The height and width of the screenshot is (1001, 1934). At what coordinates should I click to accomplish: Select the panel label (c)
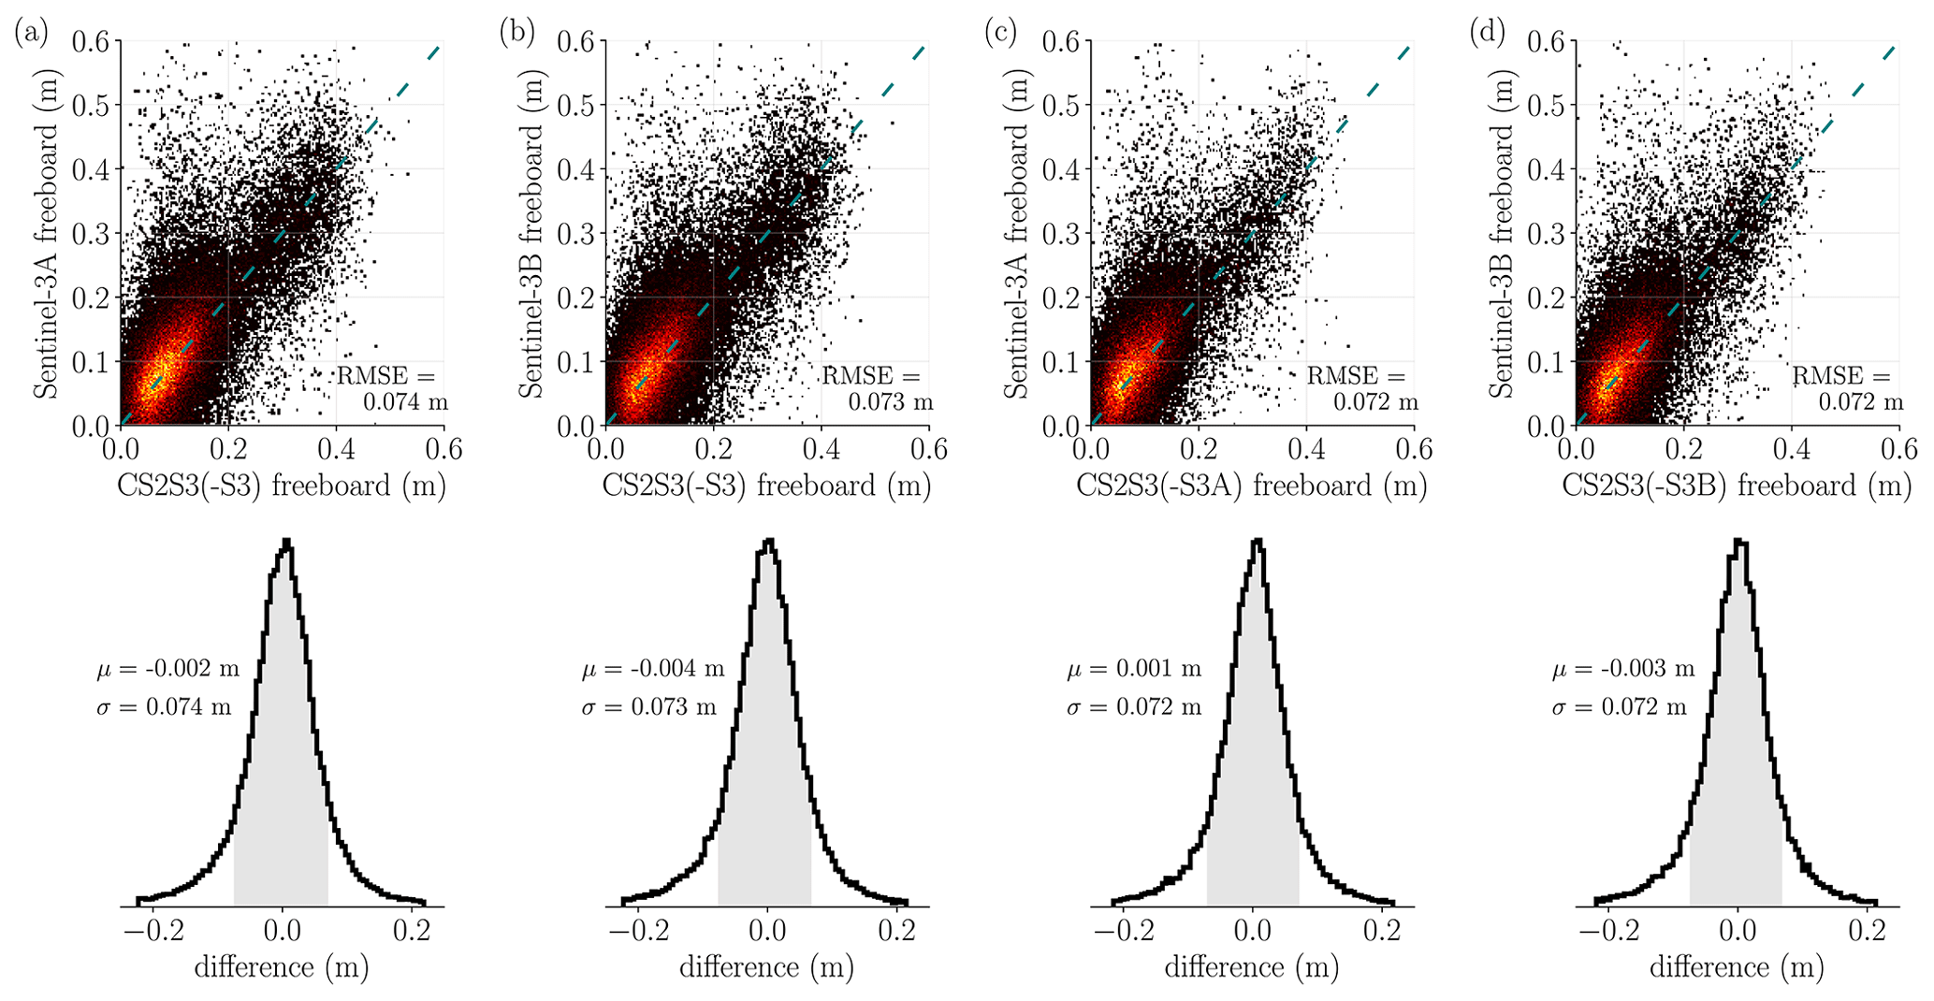click(x=1001, y=34)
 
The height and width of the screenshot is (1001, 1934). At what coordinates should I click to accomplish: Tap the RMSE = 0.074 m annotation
click(x=393, y=389)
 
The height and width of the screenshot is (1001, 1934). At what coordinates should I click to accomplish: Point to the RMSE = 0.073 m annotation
click(x=878, y=389)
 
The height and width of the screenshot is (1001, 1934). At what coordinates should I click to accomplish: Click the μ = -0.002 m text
click(x=167, y=670)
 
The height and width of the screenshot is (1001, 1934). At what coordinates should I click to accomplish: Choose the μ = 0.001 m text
click(x=1134, y=670)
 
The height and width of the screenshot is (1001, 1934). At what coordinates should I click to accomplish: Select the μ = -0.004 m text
click(x=653, y=670)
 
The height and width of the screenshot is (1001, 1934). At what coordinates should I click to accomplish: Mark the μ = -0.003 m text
click(x=1623, y=670)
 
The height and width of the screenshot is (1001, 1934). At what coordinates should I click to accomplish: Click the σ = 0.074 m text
click(x=164, y=707)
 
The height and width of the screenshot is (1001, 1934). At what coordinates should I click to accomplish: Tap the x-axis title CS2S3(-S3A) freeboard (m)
click(x=1252, y=486)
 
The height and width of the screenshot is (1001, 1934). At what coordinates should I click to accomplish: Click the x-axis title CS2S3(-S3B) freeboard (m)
click(x=1737, y=486)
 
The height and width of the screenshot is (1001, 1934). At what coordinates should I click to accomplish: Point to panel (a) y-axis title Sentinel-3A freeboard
click(x=46, y=233)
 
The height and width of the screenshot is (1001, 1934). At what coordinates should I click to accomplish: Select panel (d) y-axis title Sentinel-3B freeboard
click(x=1502, y=233)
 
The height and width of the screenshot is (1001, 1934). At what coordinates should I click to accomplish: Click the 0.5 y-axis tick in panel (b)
click(x=576, y=105)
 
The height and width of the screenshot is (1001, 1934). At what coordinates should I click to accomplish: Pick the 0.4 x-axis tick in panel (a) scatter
click(x=336, y=450)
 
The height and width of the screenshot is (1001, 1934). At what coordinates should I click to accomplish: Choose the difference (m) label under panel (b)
click(x=767, y=967)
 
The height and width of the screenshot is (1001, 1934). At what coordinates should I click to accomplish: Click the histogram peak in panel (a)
click(x=286, y=542)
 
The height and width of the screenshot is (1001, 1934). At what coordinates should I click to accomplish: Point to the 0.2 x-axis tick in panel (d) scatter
click(x=1684, y=450)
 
